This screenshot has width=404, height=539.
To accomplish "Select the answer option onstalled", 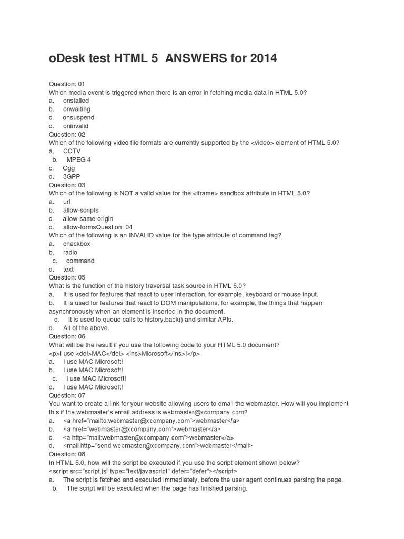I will pyautogui.click(x=76, y=101).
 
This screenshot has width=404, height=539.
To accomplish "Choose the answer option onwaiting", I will pyautogui.click(x=76, y=109).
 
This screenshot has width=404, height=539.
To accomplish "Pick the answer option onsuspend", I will pyautogui.click(x=78, y=117).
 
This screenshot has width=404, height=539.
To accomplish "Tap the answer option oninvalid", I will pyautogui.click(x=76, y=126).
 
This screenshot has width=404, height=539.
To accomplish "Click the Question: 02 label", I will pyautogui.click(x=67, y=134).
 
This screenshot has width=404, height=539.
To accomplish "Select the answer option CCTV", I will pyautogui.click(x=72, y=151).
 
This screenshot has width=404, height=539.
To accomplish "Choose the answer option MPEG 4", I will pyautogui.click(x=79, y=159).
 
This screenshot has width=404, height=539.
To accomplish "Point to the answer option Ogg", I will pyautogui.click(x=69, y=168).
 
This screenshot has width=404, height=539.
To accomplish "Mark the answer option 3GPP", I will pyautogui.click(x=72, y=176).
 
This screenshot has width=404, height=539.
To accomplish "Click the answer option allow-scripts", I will pyautogui.click(x=80, y=210).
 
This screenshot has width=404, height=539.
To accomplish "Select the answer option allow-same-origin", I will pyautogui.click(x=88, y=218).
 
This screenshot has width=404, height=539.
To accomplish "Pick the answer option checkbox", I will pyautogui.click(x=76, y=244).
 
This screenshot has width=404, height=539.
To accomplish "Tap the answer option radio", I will pyautogui.click(x=70, y=252).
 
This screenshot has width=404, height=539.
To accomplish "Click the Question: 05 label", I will pyautogui.click(x=67, y=277).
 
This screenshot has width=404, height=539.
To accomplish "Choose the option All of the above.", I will pyautogui.click(x=86, y=328).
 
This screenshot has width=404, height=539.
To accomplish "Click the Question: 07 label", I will pyautogui.click(x=67, y=395).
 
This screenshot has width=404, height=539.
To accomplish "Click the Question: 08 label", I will pyautogui.click(x=67, y=454).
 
